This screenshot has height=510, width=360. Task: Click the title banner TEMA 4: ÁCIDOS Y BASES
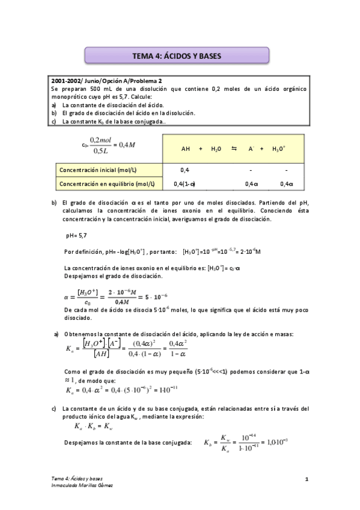click(x=177, y=56)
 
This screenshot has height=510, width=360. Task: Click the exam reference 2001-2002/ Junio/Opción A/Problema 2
click(x=106, y=80)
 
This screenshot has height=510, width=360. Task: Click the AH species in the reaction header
click(x=186, y=149)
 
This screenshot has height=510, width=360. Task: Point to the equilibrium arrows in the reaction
click(x=233, y=149)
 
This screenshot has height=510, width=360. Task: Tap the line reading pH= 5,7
click(x=76, y=235)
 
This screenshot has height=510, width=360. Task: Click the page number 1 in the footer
click(x=307, y=479)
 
